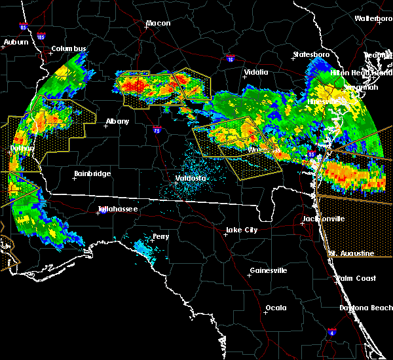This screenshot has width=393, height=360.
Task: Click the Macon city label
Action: coord(158,24)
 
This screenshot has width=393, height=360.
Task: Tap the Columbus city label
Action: coord(69,49)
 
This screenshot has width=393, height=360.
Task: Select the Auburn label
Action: coord(16,43)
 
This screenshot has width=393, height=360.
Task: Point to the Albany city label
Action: coord(117,121)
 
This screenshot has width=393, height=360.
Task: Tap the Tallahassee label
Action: coord(117,209)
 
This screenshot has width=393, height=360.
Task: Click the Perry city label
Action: coord(160,236)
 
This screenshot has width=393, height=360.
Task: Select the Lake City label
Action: coord(241,230)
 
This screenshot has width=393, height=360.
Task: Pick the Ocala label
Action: coord(276,308)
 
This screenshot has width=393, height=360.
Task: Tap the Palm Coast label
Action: coord(356,278)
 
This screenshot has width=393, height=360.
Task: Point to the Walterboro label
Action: coord(373,18)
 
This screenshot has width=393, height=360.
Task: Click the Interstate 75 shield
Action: coord(157,129)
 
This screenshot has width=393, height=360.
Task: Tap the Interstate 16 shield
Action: coord(229,60)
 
